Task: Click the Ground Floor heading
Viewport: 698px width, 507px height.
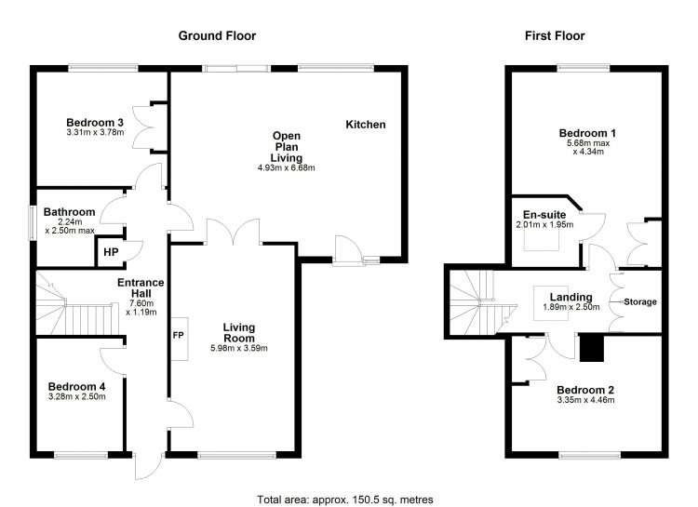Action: click(217, 35)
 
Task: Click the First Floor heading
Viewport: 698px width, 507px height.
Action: click(555, 35)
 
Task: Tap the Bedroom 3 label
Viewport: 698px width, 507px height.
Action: click(95, 123)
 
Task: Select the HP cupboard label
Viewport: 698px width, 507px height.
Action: click(111, 252)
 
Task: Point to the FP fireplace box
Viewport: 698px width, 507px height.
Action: click(180, 339)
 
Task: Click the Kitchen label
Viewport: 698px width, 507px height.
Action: click(366, 125)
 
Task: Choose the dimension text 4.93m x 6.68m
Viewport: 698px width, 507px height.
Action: click(287, 167)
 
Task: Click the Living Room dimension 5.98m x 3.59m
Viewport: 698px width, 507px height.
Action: click(239, 348)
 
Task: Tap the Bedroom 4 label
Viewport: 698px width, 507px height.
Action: click(76, 386)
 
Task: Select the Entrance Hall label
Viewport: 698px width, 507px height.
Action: click(141, 288)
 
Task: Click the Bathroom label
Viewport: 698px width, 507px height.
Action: click(70, 212)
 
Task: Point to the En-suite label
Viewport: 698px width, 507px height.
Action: click(544, 215)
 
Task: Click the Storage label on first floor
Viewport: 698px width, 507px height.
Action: click(640, 301)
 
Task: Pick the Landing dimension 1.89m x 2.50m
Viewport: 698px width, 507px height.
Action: click(571, 307)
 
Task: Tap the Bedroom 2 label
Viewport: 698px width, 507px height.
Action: click(585, 390)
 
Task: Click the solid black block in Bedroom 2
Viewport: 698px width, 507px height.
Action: click(592, 348)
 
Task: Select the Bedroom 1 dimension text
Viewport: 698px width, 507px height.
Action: click(588, 147)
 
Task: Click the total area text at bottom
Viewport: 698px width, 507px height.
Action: click(345, 500)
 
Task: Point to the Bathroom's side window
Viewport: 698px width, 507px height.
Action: click(33, 222)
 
